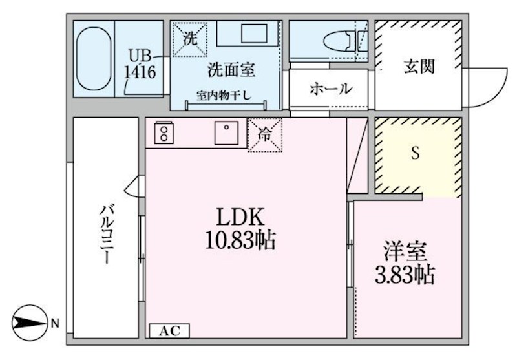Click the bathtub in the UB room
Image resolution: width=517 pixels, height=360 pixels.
[93, 59]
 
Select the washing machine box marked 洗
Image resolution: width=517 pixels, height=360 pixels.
[190, 39]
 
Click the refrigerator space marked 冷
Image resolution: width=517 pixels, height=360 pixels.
[265, 134]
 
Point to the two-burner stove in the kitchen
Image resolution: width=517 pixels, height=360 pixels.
[164, 132]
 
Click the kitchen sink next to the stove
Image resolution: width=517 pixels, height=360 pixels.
[226, 132]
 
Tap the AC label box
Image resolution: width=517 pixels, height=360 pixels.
[169, 331]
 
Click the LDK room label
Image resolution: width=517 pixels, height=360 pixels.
[240, 217]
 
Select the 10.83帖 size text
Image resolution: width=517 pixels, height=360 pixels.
[240, 240]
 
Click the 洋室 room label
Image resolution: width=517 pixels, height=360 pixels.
[405, 251]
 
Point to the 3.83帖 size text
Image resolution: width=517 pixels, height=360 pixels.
[405, 275]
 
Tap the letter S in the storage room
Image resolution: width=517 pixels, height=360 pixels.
[416, 153]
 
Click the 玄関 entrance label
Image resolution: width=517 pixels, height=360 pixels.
[419, 67]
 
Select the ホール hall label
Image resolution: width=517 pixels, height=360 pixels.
[331, 89]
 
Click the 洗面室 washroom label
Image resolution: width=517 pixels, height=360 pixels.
[231, 70]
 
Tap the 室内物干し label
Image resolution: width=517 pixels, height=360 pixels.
[224, 95]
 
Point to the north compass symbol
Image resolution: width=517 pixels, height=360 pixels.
[29, 323]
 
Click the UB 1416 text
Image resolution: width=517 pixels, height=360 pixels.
[140, 65]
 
